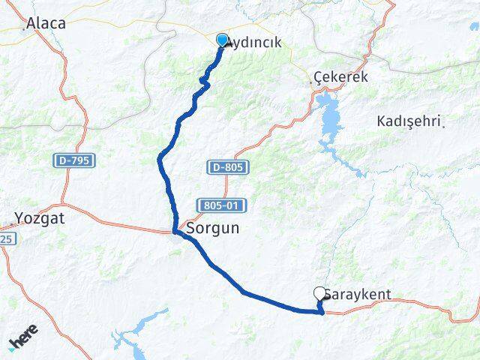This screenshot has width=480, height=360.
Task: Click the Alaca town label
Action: coord(46,23)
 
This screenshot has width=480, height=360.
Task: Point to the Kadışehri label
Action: coord(411,121)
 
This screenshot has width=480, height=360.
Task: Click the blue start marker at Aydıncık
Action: coord(223,40)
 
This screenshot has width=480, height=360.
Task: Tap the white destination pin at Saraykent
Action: coord(321,294)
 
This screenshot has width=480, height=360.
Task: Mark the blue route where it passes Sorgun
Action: coord(176,232)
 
